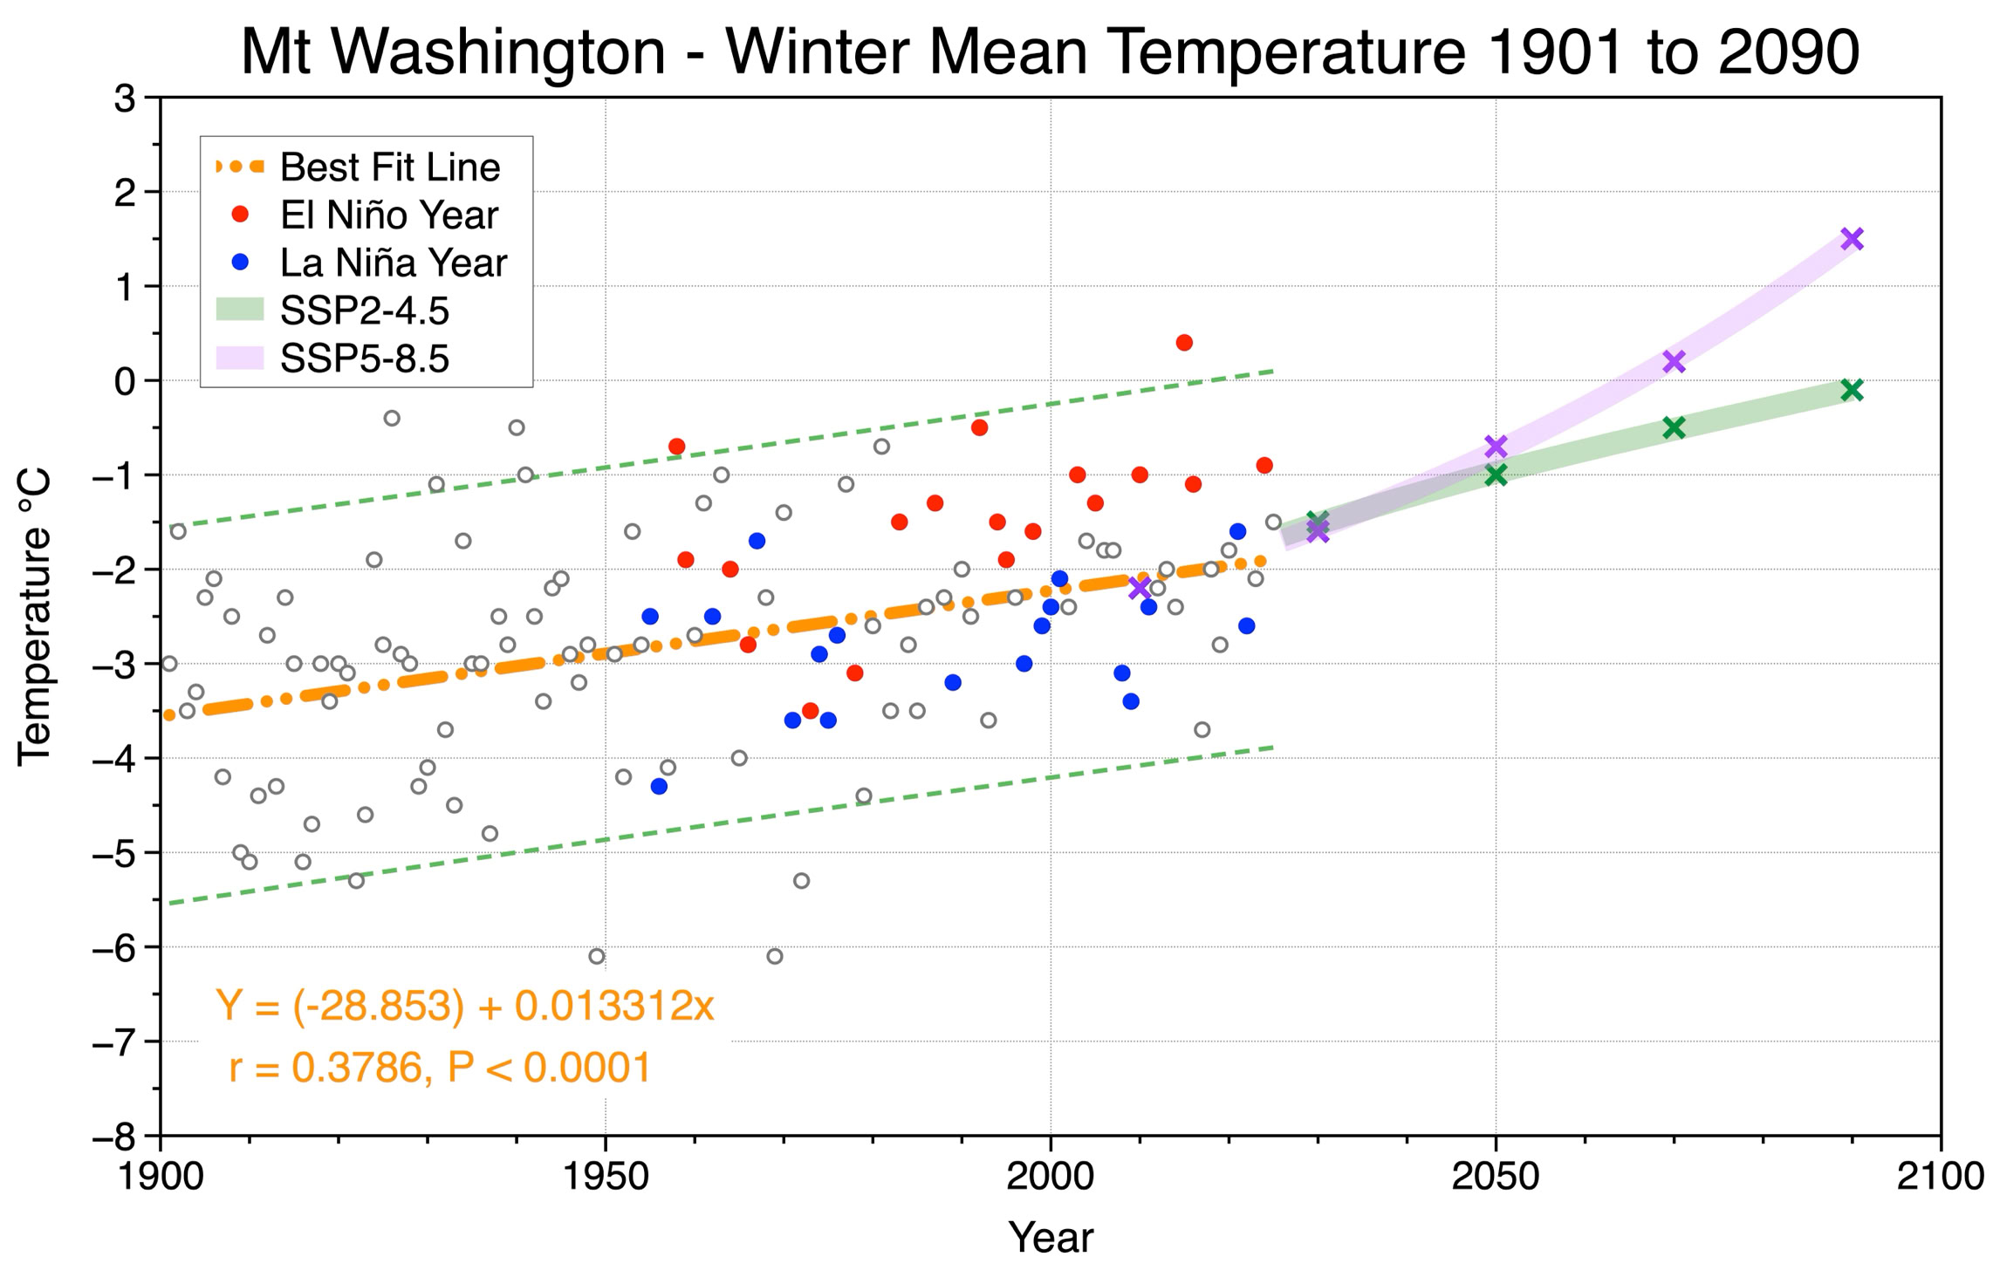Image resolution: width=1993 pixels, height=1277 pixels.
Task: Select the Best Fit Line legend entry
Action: click(x=359, y=167)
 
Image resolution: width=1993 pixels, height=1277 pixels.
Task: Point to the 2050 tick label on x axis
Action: click(x=1496, y=1177)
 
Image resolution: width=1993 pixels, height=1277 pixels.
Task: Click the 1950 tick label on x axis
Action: click(x=606, y=1177)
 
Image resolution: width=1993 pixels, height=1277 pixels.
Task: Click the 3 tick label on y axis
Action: click(x=126, y=98)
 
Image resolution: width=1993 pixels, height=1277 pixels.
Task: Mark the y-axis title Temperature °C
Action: click(x=35, y=618)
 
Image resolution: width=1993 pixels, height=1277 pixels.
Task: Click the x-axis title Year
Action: click(x=1051, y=1238)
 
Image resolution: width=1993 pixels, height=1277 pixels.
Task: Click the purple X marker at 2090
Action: click(x=1852, y=239)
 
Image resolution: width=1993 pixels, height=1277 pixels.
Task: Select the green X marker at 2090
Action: click(x=1852, y=390)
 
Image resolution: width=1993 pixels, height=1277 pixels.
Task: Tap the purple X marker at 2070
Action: click(x=1674, y=361)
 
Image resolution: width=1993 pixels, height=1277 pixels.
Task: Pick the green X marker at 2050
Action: click(x=1496, y=475)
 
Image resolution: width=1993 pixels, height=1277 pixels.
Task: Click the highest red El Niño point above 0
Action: click(x=1184, y=343)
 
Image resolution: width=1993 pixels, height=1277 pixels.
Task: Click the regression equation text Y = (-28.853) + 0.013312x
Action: click(x=465, y=1006)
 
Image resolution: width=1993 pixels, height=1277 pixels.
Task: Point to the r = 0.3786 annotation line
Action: click(x=440, y=1067)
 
